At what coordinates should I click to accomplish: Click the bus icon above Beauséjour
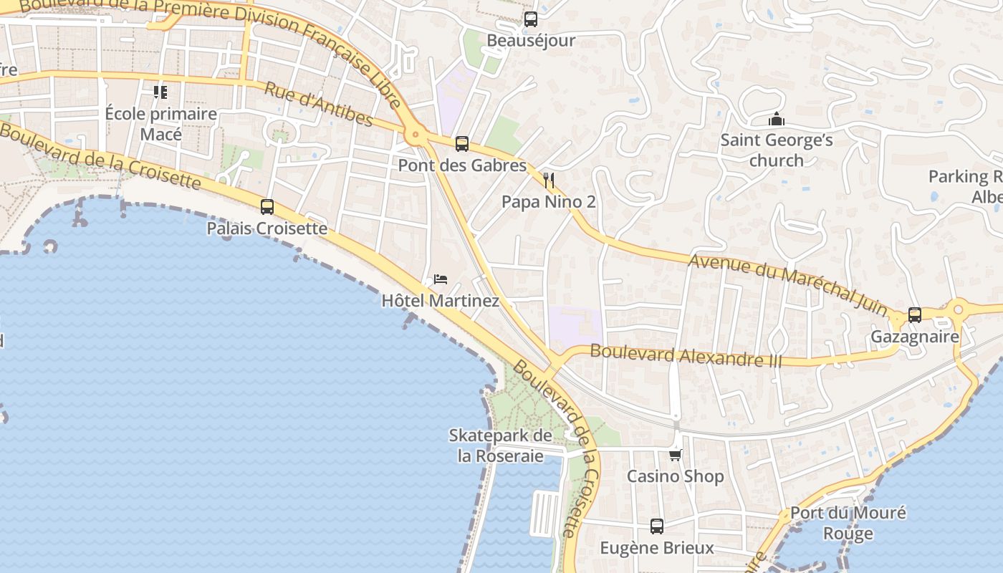(530, 19)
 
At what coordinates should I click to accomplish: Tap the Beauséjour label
(530, 40)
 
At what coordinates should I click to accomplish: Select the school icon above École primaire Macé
(160, 92)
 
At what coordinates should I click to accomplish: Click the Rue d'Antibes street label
(318, 105)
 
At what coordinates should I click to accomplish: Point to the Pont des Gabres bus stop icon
(462, 144)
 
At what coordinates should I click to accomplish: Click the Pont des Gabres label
(462, 165)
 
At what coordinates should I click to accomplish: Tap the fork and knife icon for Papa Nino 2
(549, 180)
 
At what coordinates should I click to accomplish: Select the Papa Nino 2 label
(548, 202)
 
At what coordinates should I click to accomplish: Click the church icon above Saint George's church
(776, 119)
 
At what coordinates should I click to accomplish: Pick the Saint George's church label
(777, 150)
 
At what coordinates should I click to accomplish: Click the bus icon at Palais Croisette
(267, 207)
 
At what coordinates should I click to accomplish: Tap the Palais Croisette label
(267, 228)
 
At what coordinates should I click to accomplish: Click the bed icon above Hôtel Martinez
(441, 279)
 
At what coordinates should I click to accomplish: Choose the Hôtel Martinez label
(440, 300)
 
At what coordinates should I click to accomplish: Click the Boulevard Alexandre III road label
(686, 355)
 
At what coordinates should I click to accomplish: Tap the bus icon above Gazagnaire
(915, 314)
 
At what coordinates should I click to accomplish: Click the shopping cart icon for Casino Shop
(675, 455)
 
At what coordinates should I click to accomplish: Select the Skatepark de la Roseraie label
(500, 446)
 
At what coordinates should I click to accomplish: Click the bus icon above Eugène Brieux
(657, 526)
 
